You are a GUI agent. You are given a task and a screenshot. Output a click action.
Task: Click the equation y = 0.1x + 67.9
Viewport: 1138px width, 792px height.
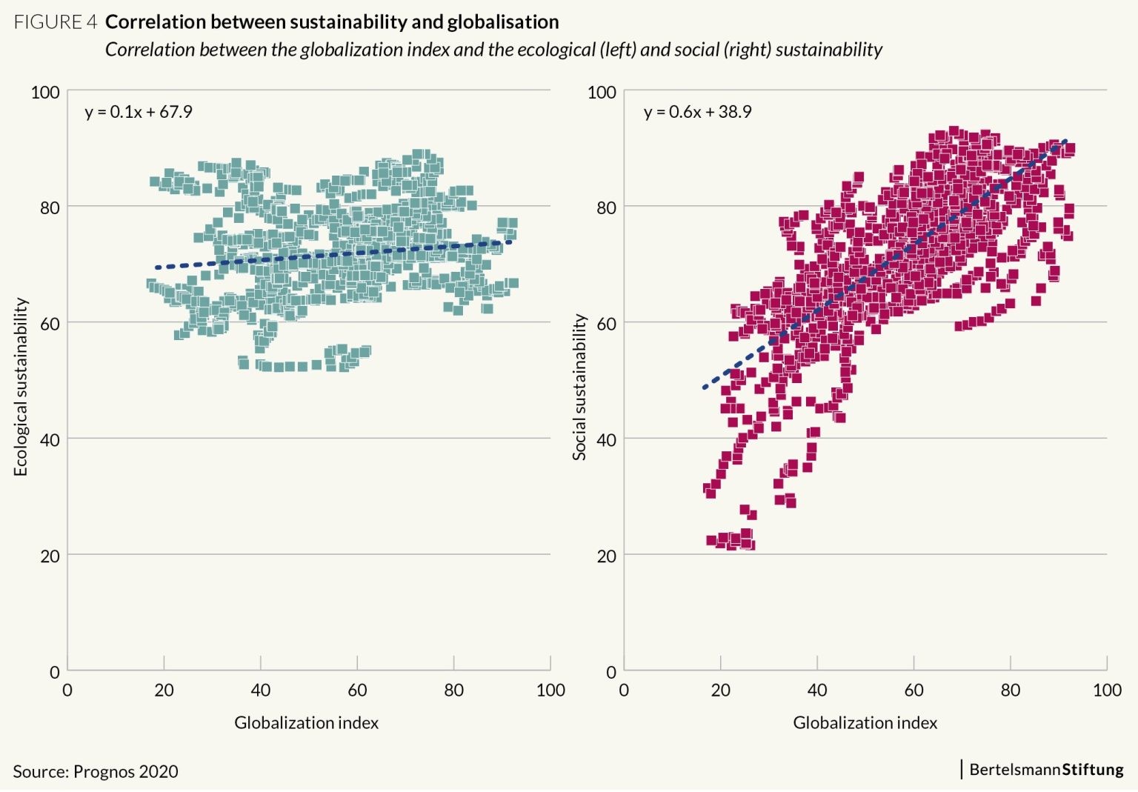click(139, 112)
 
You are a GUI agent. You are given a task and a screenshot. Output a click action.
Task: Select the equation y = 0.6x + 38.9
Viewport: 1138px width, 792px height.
click(697, 112)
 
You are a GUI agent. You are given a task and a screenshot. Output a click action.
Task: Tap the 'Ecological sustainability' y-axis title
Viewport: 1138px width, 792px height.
click(21, 387)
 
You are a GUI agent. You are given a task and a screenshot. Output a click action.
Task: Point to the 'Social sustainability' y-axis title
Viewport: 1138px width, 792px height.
click(579, 387)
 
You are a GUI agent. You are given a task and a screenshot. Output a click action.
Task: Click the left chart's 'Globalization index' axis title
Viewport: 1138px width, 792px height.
click(306, 722)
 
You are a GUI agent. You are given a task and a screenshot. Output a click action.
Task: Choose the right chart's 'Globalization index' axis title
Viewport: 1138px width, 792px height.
click(865, 722)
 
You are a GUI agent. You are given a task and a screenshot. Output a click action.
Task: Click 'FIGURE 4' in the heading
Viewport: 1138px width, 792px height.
click(56, 22)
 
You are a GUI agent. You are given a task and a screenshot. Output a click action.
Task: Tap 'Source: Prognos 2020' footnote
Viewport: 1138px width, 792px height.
click(96, 771)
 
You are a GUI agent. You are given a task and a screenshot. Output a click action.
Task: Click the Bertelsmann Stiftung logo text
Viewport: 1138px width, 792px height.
click(1045, 769)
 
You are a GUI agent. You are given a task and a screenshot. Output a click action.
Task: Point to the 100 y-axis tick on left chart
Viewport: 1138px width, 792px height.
click(45, 92)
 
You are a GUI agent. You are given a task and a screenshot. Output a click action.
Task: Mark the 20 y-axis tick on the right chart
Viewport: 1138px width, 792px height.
click(606, 556)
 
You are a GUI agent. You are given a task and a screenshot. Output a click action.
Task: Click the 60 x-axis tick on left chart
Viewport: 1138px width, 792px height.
click(357, 690)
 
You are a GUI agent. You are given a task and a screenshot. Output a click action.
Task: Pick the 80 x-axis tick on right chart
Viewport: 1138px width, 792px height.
click(1011, 690)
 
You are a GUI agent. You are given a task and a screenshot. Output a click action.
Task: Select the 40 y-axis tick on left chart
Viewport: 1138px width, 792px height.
click(50, 440)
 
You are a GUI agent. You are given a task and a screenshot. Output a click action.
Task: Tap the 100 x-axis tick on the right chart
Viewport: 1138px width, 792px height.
click(1107, 690)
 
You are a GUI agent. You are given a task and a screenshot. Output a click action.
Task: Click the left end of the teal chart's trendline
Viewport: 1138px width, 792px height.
click(157, 267)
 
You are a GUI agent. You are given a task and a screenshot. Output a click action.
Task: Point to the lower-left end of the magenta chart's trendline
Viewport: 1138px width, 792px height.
click(705, 387)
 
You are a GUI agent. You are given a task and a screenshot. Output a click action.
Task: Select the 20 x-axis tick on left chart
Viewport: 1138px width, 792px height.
click(164, 690)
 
